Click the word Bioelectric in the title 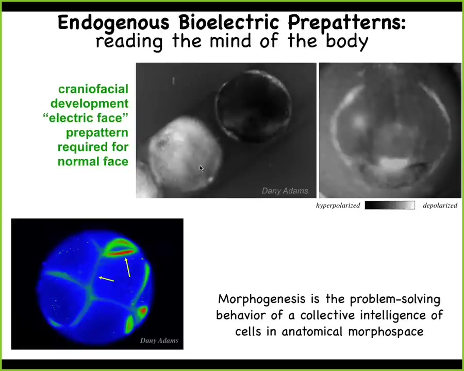pyautogui.click(x=229, y=23)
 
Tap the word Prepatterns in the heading pyautogui.click(x=346, y=23)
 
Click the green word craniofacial pyautogui.click(x=93, y=89)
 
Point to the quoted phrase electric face pyautogui.click(x=86, y=118)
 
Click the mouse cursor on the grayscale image pyautogui.click(x=202, y=168)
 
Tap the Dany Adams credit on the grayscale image pyautogui.click(x=285, y=191)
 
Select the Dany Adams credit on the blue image pyautogui.click(x=159, y=341)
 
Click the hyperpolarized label pyautogui.click(x=338, y=205)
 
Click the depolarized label pyautogui.click(x=440, y=205)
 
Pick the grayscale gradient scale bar pyautogui.click(x=390, y=205)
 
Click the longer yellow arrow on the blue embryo pyautogui.click(x=127, y=268)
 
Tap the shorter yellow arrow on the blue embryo pyautogui.click(x=107, y=279)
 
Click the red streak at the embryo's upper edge pyautogui.click(x=121, y=252)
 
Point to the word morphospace pyautogui.click(x=386, y=332)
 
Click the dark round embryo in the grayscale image pyautogui.click(x=254, y=106)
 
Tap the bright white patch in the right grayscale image pyautogui.click(x=393, y=163)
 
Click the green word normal pyautogui.click(x=78, y=161)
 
